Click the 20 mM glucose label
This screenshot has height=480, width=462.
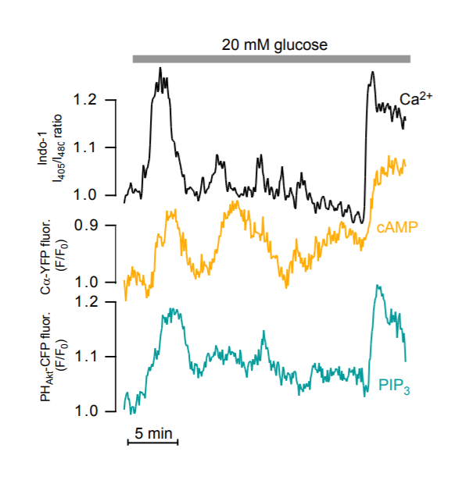click(x=272, y=44)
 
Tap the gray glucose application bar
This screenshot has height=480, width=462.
click(x=272, y=59)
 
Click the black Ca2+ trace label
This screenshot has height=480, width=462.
click(x=416, y=99)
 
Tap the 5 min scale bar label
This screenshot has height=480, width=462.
click(x=153, y=432)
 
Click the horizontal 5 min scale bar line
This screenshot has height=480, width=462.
click(x=153, y=443)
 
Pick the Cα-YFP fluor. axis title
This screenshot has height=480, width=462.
click(x=48, y=254)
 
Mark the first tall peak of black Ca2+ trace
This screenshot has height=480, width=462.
click(x=160, y=70)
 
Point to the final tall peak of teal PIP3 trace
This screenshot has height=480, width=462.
click(x=378, y=287)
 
